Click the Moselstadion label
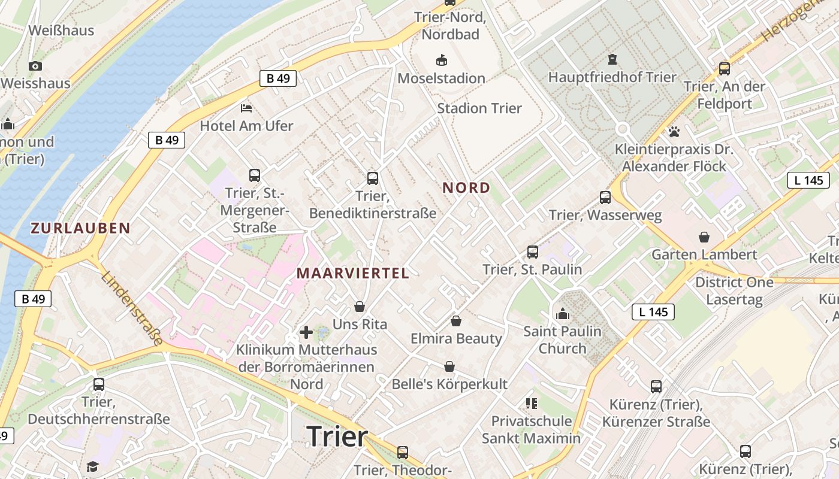pos(441,78)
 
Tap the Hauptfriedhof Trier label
pos(612,77)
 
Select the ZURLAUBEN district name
pos(80,228)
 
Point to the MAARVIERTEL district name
pos(352,274)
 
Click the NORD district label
pos(466,188)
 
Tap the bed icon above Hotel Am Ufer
pos(246,108)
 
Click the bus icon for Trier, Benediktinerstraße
pos(373,178)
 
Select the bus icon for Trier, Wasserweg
pos(605,197)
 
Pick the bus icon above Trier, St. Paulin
pos(533,252)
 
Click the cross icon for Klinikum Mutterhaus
pos(306,332)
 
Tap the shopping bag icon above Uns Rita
pos(360,307)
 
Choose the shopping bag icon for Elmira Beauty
pos(456,321)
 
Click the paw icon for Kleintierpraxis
pos(674,131)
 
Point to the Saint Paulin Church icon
pos(562,313)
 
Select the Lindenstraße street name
pos(132,309)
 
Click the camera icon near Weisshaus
pos(35,66)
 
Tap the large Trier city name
pos(337,436)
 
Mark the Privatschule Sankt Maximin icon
pos(531,404)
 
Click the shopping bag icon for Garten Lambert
pos(704,237)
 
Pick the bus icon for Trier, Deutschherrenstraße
pos(99,384)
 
